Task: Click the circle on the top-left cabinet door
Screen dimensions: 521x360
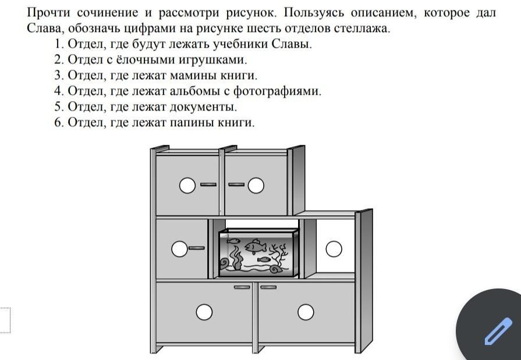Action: pos(187,186)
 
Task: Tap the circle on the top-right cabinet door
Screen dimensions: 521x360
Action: pos(256,186)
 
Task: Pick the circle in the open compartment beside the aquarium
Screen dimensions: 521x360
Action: pos(334,249)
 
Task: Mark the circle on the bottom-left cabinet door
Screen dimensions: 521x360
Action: pos(204,312)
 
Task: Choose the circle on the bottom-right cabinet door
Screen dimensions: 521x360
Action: pos(306,312)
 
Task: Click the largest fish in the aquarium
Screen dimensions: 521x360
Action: pos(255,246)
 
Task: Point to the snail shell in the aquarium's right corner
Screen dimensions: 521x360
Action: pos(277,269)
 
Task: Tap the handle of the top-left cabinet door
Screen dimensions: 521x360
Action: pos(208,184)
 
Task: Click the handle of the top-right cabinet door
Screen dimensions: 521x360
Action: pos(236,184)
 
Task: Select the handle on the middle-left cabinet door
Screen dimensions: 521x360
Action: pos(197,248)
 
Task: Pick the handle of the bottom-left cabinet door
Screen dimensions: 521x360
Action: pos(242,287)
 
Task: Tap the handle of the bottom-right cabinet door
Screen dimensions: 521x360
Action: pos(268,287)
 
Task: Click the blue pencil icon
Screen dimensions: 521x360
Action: pos(498,331)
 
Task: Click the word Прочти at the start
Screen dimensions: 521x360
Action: pos(48,13)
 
